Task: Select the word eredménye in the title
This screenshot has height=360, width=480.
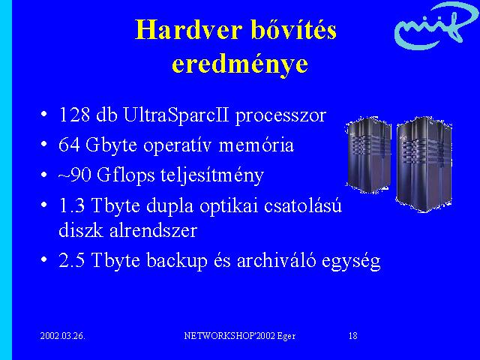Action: coord(240,65)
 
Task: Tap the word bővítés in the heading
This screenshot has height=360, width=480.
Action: coord(294,29)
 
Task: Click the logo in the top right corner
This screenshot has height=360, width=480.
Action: coord(436,25)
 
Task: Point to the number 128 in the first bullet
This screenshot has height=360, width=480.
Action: coord(74,115)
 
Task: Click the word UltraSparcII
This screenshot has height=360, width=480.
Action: coord(176,115)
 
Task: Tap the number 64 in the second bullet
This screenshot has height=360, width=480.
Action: coord(69,145)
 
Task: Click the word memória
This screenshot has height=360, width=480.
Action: coord(256,145)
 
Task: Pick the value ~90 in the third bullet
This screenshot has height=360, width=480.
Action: coord(75,175)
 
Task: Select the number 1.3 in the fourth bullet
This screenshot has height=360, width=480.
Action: coord(72,205)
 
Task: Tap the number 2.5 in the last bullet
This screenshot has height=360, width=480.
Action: coord(72,260)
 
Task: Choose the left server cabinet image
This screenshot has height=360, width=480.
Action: coord(368,155)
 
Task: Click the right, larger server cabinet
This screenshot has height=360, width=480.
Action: coord(424,164)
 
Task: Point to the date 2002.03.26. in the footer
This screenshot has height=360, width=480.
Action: coord(63,336)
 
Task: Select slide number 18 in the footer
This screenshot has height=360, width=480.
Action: coord(353,336)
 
